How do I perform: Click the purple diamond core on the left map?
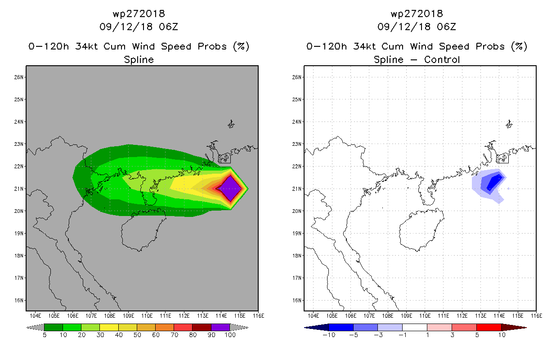pyautogui.click(x=231, y=189)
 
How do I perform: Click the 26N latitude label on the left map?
pyautogui.click(x=18, y=77)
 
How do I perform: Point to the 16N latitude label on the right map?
pyautogui.click(x=296, y=301)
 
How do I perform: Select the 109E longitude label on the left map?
pyautogui.click(x=128, y=316)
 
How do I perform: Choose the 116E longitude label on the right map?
pyautogui.click(x=536, y=316)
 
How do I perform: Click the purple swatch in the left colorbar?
pyautogui.click(x=220, y=327)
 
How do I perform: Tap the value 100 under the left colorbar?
pyautogui.click(x=230, y=335)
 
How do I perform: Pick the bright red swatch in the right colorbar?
pyautogui.click(x=489, y=327)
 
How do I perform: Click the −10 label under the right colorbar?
pyautogui.click(x=329, y=335)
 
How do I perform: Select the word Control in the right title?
pyautogui.click(x=442, y=59)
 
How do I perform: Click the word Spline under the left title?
pyautogui.click(x=139, y=59)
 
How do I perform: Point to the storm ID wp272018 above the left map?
pyautogui.click(x=139, y=13)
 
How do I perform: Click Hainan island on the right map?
pyautogui.click(x=420, y=229)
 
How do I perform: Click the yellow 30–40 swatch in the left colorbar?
pyautogui.click(x=109, y=327)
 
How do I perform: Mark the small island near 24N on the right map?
pyautogui.click(x=509, y=124)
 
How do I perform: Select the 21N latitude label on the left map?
pyautogui.click(x=18, y=189)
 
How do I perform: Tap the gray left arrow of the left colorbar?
pyautogui.click(x=35, y=327)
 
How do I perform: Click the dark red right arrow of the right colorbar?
pyautogui.click(x=514, y=327)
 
